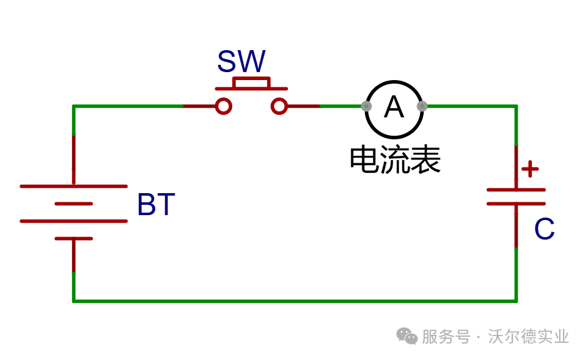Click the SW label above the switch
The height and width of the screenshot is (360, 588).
[x=241, y=61]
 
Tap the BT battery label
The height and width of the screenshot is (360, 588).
[x=156, y=204]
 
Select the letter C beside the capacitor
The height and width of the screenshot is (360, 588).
[x=544, y=229]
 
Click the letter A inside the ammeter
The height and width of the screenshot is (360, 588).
[x=394, y=107]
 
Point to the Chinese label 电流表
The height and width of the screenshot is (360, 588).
[x=395, y=160]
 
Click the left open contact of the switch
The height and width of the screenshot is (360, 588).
[x=224, y=106]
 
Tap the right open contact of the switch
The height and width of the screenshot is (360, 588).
[x=279, y=106]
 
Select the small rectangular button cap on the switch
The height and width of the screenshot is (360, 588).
[x=251, y=83]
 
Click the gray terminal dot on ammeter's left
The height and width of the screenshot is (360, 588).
[x=366, y=106]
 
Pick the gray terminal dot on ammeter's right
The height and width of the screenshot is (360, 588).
[x=422, y=106]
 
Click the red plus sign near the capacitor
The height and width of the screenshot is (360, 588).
[x=530, y=169]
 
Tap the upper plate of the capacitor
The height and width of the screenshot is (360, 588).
[x=516, y=190]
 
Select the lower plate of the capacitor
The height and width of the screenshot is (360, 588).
[x=516, y=204]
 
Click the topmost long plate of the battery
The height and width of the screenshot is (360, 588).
[x=73, y=186]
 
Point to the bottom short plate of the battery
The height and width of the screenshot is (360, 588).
[x=73, y=238]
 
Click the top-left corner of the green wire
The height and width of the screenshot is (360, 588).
[x=73, y=106]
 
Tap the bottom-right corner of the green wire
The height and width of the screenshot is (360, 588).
[x=516, y=301]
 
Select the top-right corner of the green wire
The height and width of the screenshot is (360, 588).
[x=516, y=106]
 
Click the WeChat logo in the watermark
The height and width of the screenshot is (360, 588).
[x=407, y=336]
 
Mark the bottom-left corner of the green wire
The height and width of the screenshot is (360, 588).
[x=73, y=301]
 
